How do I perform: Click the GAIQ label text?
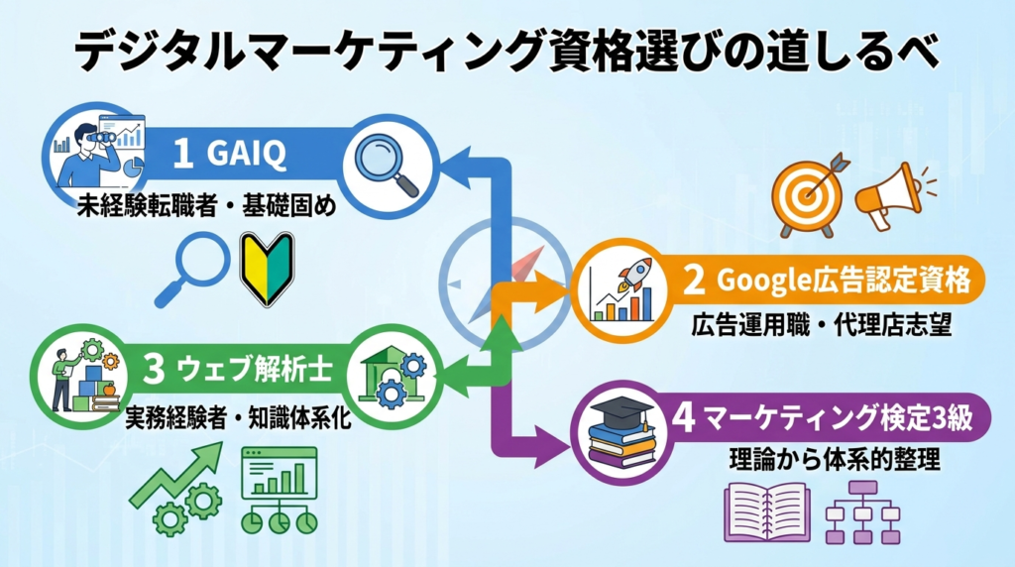[x=247, y=154]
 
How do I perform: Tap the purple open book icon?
[x=767, y=512]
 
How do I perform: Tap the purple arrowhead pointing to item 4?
[x=551, y=447]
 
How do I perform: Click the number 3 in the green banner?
[x=154, y=370]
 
